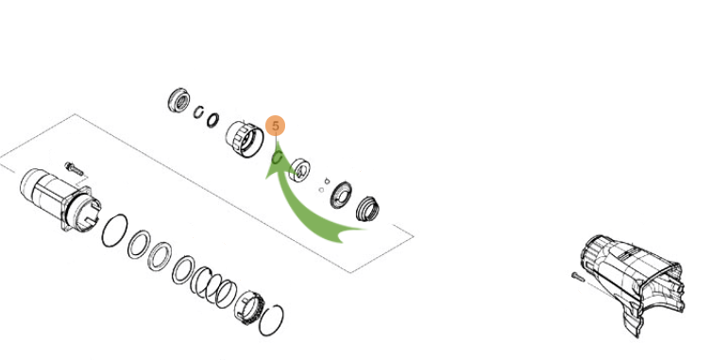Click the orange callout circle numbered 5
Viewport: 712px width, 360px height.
point(275,126)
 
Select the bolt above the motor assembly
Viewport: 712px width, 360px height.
point(74,168)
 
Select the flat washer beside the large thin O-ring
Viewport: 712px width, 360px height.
point(139,245)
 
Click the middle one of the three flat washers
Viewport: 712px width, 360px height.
point(160,256)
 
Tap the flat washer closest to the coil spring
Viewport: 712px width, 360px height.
point(183,270)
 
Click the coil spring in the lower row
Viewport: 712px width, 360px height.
point(213,287)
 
